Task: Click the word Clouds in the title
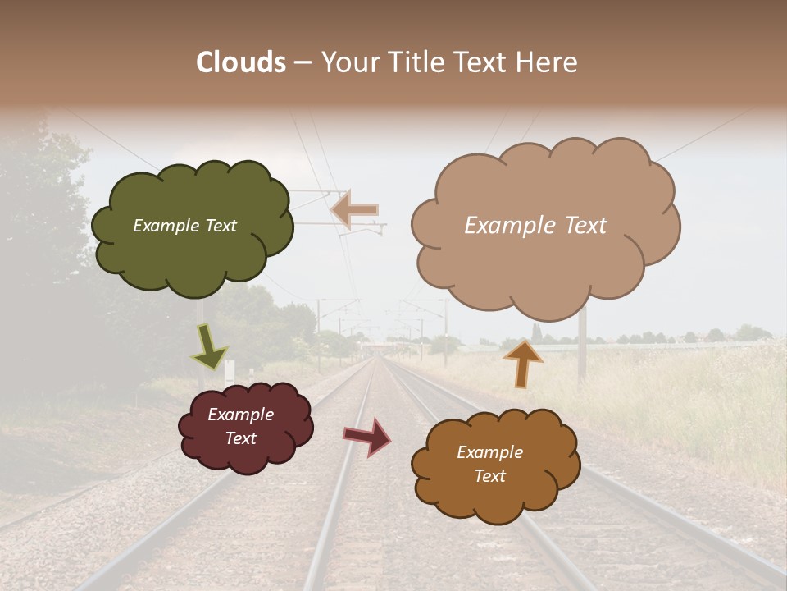click(241, 62)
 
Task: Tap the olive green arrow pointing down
click(209, 347)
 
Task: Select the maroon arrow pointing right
click(368, 437)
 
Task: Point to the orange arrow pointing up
click(523, 363)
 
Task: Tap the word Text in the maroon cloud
click(241, 438)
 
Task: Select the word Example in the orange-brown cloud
click(489, 452)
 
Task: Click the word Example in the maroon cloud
click(241, 415)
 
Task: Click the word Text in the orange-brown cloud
click(489, 476)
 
